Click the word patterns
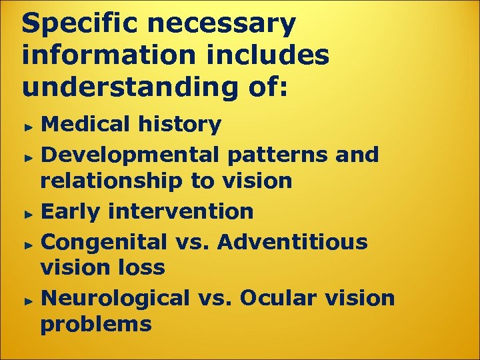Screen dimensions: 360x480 276,155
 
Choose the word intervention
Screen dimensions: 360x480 179,211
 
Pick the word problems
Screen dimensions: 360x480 96,325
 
